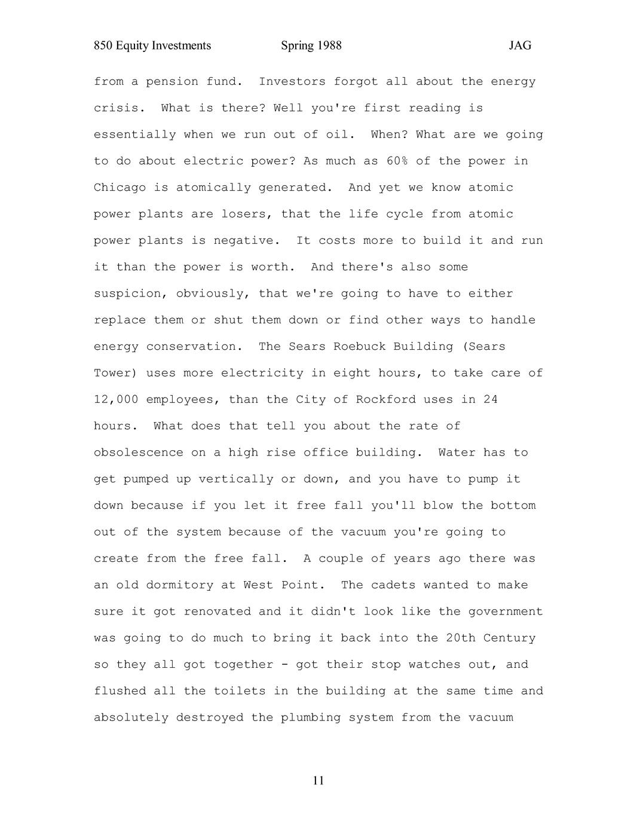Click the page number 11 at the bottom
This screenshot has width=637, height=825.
318,781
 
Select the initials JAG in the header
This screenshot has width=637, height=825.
520,46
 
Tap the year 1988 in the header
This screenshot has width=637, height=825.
329,46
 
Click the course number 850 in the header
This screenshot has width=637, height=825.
103,46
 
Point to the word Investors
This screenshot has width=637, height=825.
292,82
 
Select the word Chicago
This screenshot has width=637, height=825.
120,188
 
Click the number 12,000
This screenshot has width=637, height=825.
116,399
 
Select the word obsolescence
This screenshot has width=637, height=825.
139,453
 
